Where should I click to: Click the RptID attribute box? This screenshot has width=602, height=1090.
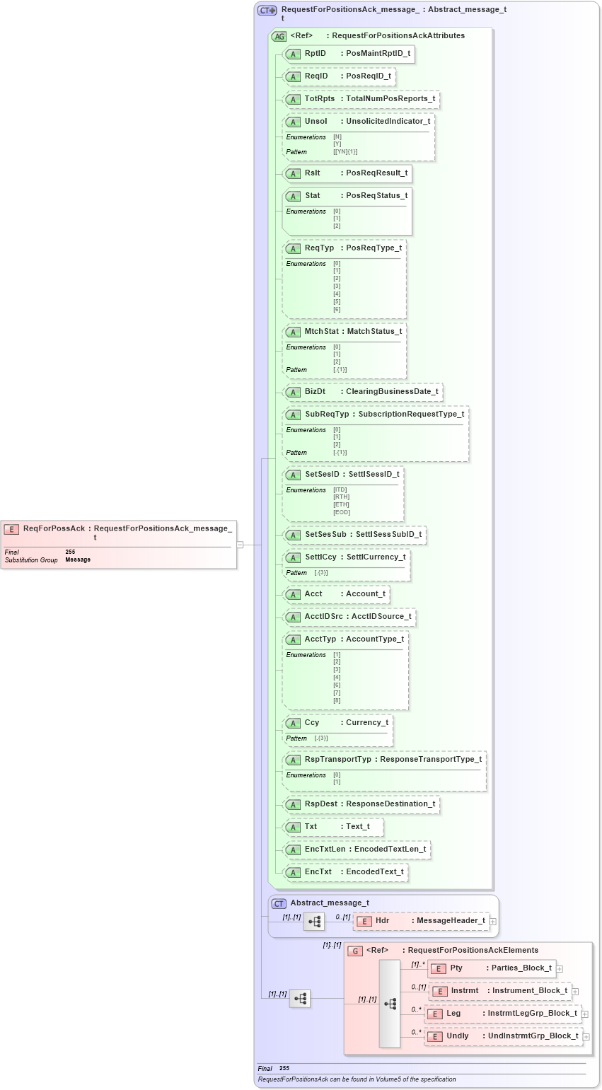click(x=348, y=54)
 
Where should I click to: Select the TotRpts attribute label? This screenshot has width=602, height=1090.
click(x=320, y=99)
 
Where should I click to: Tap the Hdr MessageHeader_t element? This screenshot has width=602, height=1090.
click(x=422, y=921)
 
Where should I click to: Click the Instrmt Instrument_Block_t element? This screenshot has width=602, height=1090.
click(x=499, y=991)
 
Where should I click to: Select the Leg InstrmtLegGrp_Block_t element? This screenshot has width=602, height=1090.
click(x=502, y=1014)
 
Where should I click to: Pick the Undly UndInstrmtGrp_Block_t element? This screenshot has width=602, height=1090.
click(x=503, y=1036)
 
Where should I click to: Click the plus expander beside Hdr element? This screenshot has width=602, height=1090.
click(x=493, y=922)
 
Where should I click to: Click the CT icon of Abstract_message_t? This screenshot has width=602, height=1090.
click(x=279, y=903)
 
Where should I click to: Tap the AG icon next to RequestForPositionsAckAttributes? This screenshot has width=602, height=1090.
click(x=279, y=35)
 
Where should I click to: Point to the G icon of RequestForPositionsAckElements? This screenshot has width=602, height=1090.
click(x=355, y=951)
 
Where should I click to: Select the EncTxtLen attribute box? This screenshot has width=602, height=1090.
click(x=357, y=850)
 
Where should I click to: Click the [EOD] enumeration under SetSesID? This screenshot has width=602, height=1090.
click(x=342, y=512)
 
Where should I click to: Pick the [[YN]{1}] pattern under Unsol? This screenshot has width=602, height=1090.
click(x=345, y=152)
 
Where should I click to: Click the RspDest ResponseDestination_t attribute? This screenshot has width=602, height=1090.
click(x=361, y=804)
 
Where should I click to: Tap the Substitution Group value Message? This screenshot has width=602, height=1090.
click(x=78, y=560)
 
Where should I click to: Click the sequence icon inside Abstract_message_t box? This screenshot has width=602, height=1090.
click(x=314, y=922)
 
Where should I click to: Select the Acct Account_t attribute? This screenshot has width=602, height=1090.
click(x=336, y=594)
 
